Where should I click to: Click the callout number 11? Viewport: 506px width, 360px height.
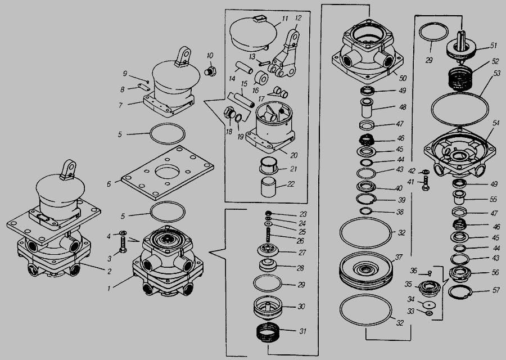pos(285,18)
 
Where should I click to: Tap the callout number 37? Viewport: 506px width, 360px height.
pos(399,258)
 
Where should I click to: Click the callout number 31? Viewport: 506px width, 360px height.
pos(302,331)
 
